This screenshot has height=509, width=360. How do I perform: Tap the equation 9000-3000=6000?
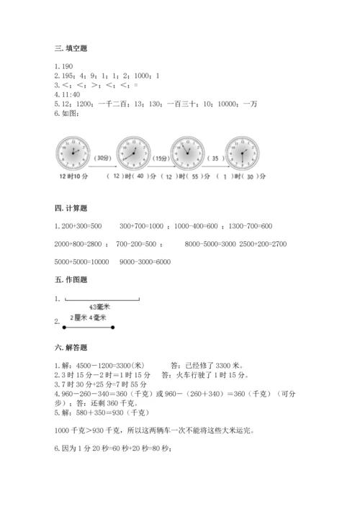(x=145, y=261)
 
